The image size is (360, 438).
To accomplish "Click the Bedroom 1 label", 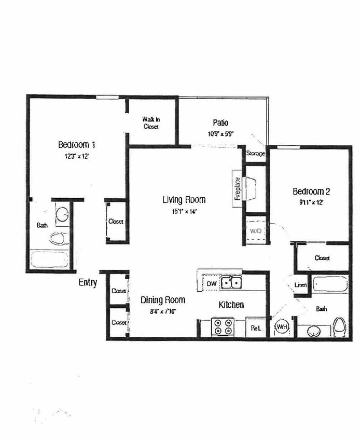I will [x=76, y=144].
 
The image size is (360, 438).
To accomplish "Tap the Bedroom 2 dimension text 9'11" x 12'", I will [x=308, y=202].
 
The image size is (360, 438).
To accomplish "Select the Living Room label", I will [x=184, y=199].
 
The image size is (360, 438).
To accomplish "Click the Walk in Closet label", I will [x=150, y=122].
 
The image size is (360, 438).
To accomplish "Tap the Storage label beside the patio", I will [x=255, y=154].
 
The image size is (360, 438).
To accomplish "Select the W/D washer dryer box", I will [x=255, y=230].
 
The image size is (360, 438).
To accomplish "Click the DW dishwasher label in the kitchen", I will [x=211, y=284].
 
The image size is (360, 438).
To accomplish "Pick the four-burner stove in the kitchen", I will [x=223, y=326].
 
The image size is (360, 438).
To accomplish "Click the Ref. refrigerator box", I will [x=256, y=328].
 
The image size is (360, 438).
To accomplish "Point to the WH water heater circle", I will [x=282, y=327].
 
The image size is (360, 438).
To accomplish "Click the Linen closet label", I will [x=300, y=285].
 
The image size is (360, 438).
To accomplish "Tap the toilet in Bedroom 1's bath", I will [x=58, y=239].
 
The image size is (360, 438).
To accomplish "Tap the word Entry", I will [x=88, y=283].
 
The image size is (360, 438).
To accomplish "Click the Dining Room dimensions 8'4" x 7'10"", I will [x=163, y=311].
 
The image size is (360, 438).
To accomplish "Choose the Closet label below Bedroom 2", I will [x=322, y=258].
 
